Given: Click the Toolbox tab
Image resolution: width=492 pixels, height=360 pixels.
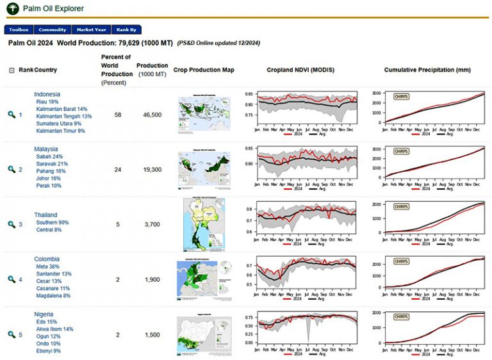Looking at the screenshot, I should pyautogui.click(x=19, y=29).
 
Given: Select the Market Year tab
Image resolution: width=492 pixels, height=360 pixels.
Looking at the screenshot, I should pyautogui.click(x=91, y=29).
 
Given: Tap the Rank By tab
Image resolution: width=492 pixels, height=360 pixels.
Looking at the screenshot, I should pyautogui.click(x=126, y=29).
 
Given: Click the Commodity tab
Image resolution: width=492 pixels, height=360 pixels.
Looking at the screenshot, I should pyautogui.click(x=52, y=29).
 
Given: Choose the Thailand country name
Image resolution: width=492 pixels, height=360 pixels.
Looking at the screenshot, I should pyautogui.click(x=45, y=215).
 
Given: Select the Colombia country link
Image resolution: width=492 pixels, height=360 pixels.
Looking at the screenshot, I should pyautogui.click(x=47, y=259).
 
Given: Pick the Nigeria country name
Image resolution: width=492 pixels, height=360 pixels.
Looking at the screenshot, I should pyautogui.click(x=44, y=315).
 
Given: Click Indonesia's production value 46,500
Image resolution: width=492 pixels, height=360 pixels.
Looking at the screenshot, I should pyautogui.click(x=152, y=115).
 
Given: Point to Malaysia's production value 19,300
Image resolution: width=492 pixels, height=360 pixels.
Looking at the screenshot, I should pyautogui.click(x=152, y=170).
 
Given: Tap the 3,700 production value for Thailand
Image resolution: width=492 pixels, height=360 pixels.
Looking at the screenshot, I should pyautogui.click(x=152, y=225).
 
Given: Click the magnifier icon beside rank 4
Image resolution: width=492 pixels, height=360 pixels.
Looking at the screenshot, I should pyautogui.click(x=12, y=280).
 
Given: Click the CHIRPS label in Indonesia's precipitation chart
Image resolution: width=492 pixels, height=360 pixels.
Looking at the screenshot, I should pyautogui.click(x=401, y=97).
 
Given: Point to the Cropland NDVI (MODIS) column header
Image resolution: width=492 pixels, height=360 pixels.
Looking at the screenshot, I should pyautogui.click(x=300, y=69).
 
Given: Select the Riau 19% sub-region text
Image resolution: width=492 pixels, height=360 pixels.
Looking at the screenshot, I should pyautogui.click(x=47, y=102).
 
